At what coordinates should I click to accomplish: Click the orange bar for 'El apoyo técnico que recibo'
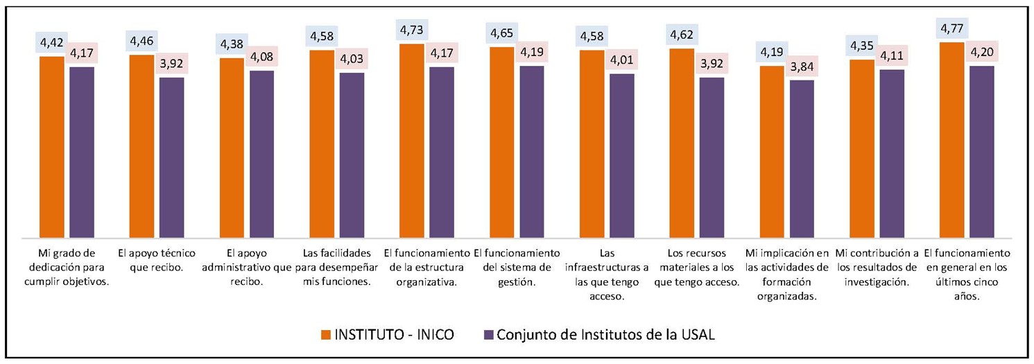click(x=141, y=146)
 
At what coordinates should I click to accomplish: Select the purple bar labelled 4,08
click(x=261, y=153)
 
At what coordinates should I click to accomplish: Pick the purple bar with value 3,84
click(x=802, y=158)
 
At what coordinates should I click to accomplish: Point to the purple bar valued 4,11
click(x=892, y=153)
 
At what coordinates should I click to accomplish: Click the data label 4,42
click(x=52, y=43)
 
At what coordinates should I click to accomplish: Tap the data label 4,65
click(x=501, y=33)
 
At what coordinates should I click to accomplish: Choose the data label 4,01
click(x=622, y=60)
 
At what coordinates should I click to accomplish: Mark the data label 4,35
click(x=862, y=46)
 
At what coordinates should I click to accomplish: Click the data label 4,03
click(x=352, y=60)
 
